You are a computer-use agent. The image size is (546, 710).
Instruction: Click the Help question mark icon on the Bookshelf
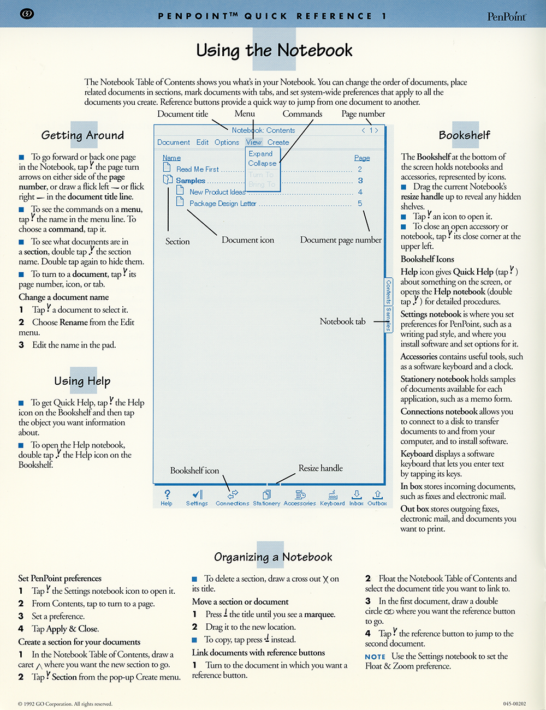(167, 494)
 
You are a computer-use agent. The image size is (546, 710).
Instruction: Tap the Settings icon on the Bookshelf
(197, 494)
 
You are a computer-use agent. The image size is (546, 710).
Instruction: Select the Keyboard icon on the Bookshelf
(333, 494)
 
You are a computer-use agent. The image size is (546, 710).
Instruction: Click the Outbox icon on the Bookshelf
(377, 494)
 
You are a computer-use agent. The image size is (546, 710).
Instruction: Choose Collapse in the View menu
(262, 163)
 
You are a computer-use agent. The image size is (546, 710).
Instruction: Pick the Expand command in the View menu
(260, 153)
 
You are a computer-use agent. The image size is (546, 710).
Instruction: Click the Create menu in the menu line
(278, 142)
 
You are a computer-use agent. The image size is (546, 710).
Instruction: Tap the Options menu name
(227, 142)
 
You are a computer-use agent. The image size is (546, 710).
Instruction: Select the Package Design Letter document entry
(223, 203)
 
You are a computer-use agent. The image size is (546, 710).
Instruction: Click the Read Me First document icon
(167, 168)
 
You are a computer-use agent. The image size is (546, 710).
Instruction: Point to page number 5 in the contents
(360, 203)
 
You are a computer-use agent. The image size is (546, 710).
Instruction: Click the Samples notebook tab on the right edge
(388, 319)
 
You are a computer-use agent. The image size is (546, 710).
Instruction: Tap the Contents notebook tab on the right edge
(388, 291)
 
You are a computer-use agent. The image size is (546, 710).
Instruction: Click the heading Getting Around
(82, 135)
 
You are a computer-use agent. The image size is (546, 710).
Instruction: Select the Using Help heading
(82, 380)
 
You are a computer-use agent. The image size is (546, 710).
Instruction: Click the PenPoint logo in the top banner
(507, 16)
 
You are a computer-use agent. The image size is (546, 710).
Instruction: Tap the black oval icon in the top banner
(27, 14)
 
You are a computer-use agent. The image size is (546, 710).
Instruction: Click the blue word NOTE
(375, 657)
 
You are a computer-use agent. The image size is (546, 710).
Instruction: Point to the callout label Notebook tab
(342, 321)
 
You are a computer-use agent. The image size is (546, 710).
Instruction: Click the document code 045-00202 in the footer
(514, 704)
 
